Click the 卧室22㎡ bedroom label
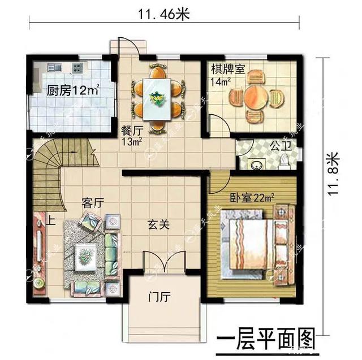tap(252, 198)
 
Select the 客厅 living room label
tap(92, 202)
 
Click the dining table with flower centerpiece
tap(156, 97)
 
